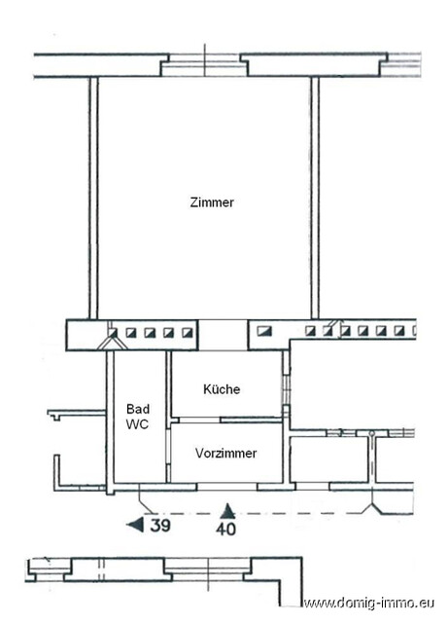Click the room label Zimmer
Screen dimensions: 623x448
(x=212, y=202)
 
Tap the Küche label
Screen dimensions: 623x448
(x=222, y=389)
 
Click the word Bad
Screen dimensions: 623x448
(x=136, y=411)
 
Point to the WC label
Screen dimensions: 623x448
(x=136, y=425)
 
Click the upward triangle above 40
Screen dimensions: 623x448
(x=227, y=509)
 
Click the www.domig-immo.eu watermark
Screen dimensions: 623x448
(x=373, y=604)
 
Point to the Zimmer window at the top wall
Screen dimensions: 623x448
(x=205, y=65)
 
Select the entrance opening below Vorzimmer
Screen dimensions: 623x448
(x=226, y=486)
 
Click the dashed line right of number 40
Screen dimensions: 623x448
(x=301, y=513)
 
